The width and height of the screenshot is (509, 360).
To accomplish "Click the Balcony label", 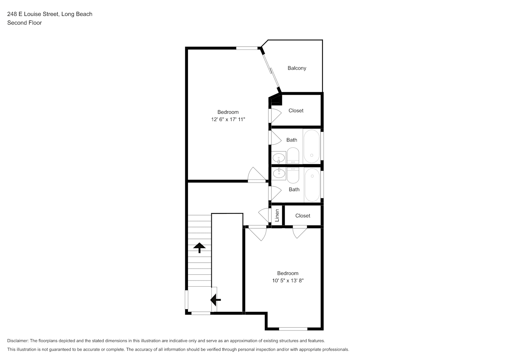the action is click(x=297, y=68).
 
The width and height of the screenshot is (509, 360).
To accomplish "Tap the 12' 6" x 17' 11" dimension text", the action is click(x=228, y=119).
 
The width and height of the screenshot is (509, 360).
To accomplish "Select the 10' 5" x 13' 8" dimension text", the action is click(x=288, y=280).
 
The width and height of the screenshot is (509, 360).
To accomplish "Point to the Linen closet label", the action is click(x=277, y=215).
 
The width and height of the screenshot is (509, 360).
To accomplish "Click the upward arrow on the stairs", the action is click(x=199, y=248).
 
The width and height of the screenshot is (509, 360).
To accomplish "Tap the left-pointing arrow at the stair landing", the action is click(x=215, y=300).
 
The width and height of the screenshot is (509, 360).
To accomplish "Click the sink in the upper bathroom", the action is click(x=279, y=158).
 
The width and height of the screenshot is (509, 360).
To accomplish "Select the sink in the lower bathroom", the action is click(x=279, y=174).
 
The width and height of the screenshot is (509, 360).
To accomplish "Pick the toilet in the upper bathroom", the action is click(x=293, y=156).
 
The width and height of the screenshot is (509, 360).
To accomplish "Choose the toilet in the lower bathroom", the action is click(x=293, y=175).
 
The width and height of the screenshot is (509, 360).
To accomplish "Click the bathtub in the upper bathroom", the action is click(x=312, y=146).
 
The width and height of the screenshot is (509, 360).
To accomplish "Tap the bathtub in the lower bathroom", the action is click(x=312, y=185).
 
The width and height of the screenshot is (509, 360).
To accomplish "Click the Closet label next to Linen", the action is click(x=303, y=216).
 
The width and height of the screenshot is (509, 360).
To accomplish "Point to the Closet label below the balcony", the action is click(x=296, y=111).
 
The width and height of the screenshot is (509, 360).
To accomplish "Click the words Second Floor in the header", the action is click(x=24, y=23).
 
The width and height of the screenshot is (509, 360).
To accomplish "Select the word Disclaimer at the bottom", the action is click(x=18, y=341).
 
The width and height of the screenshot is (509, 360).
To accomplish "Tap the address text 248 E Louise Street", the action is click(x=33, y=14).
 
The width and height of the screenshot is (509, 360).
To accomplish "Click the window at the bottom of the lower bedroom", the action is click(x=293, y=329).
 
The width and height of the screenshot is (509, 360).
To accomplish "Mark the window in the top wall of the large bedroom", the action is click(x=247, y=48).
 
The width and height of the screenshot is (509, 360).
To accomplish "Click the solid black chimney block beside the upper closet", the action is click(x=277, y=100).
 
